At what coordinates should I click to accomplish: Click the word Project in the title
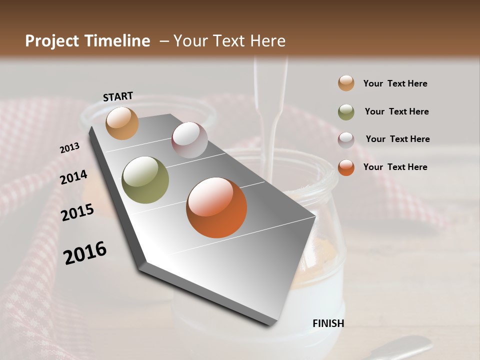51,41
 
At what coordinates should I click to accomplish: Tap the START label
118,96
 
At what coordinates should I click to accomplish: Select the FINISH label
328,323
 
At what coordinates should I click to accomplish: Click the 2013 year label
70,147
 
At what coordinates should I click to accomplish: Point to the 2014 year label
74,177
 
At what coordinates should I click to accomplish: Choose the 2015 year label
77,212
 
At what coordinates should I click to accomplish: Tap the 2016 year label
85,252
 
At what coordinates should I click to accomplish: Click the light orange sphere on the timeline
122,123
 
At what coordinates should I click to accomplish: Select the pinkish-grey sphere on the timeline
189,140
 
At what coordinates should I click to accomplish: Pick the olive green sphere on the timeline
145,180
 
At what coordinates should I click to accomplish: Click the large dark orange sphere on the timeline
216,207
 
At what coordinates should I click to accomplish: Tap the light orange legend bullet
346,83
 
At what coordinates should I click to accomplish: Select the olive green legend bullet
346,112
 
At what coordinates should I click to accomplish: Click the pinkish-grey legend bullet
346,139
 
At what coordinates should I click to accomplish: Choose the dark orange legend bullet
346,167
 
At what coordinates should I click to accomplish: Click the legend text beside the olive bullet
396,111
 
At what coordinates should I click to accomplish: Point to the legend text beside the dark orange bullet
395,167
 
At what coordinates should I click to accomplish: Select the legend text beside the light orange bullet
395,83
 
